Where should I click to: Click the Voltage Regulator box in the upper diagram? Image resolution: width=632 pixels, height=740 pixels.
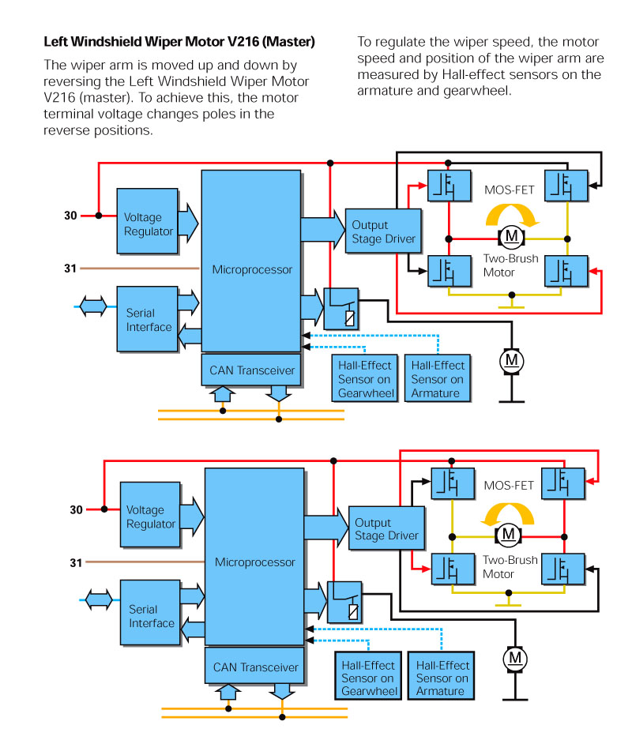148,221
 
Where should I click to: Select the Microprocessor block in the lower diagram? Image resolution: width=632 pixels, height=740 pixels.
254,557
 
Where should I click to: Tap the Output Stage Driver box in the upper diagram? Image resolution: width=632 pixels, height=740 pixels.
383,231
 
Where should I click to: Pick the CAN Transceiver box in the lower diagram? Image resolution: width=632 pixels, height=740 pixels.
255,666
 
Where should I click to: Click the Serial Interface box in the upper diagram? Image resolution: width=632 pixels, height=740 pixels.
148,319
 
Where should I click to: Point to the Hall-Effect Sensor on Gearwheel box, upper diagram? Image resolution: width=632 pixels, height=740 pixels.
365,379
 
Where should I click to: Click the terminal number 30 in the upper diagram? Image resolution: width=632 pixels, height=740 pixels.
70,216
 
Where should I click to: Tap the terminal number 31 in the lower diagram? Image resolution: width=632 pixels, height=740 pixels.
76,562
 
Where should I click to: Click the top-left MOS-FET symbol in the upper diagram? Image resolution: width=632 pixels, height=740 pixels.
450,186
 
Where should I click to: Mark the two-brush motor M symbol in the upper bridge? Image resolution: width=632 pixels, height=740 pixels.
512,236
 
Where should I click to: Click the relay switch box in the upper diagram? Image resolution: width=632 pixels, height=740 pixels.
341,309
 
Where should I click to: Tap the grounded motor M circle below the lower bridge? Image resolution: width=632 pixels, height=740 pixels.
515,659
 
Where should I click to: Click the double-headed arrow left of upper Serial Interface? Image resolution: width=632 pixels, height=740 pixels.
93,306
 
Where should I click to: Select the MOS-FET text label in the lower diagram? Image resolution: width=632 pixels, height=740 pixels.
509,486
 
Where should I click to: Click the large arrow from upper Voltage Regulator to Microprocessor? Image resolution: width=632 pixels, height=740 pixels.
188,223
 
